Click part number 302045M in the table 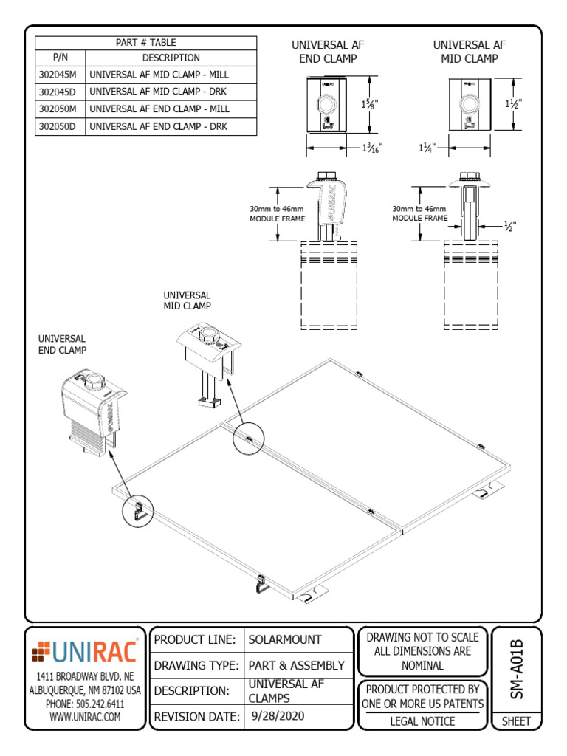point(61,75)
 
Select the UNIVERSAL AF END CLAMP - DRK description point(159,126)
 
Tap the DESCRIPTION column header point(171,58)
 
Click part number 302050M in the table point(61,109)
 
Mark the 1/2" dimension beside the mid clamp point(509,226)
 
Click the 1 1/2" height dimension point(514,104)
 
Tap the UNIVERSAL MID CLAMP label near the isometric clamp point(187,300)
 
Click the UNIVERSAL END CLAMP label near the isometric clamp point(62,344)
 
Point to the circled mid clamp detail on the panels point(249,439)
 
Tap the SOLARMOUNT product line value point(285,639)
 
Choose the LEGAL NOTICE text point(422,721)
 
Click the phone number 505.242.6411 point(85,704)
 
